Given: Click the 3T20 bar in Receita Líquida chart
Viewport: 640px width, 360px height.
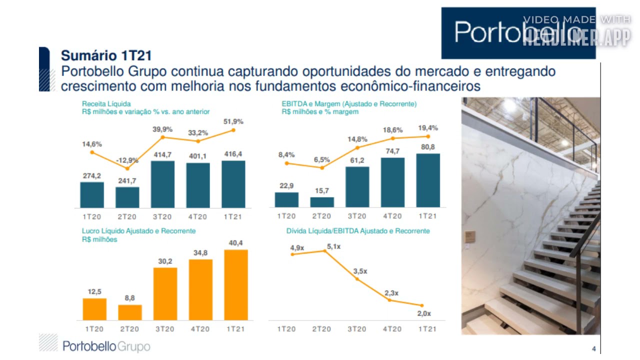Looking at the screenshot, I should click(162, 184).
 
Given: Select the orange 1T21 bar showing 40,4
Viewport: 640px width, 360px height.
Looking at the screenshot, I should click(236, 285).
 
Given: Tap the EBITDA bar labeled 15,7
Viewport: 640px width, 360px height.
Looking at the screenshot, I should click(322, 202).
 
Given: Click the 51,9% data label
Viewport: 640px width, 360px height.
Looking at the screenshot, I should click(233, 121).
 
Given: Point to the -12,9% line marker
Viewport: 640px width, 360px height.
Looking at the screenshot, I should click(127, 168).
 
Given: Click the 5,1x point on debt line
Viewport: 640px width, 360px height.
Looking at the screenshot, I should click(325, 251).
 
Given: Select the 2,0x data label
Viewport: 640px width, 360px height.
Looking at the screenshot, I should click(423, 313).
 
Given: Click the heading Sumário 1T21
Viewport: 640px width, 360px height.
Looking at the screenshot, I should click(106, 55).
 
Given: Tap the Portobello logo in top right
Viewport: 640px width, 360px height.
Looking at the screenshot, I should click(518, 33).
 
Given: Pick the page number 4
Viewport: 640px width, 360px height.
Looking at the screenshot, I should click(593, 348).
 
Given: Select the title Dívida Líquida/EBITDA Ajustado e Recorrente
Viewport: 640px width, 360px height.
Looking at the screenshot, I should click(358, 231).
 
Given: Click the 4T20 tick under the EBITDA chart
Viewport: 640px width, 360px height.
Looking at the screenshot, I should click(392, 216).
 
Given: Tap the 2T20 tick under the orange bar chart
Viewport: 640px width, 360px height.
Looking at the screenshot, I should click(129, 329).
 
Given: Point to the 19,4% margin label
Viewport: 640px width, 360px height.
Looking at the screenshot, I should click(427, 128).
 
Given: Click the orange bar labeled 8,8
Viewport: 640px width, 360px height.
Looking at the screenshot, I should click(130, 312).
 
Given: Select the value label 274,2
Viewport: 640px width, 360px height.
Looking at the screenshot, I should click(92, 176).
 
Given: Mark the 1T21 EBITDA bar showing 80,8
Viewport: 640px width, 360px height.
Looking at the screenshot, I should click(428, 180).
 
